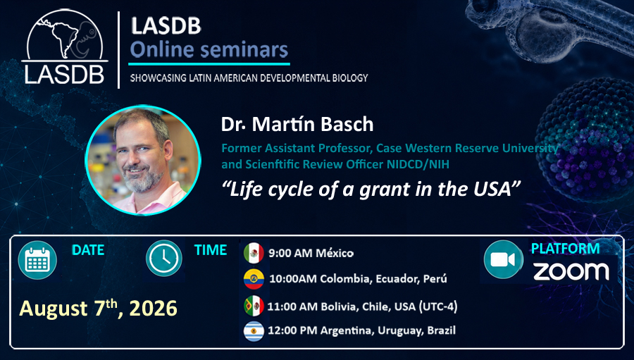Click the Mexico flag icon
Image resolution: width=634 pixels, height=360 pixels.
(254, 253)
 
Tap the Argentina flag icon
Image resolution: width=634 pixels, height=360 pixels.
(254, 331)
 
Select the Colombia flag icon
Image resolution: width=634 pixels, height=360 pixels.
(254, 279)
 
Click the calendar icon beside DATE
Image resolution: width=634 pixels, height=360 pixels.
(37, 260)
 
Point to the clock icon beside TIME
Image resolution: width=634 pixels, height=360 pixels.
(164, 258)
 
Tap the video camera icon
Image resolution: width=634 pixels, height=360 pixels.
(504, 259)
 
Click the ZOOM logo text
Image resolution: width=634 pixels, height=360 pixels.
(571, 271)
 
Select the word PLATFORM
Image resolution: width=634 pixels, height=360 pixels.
(565, 249)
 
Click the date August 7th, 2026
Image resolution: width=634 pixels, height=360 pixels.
(98, 309)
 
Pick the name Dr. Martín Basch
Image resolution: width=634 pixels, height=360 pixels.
(297, 125)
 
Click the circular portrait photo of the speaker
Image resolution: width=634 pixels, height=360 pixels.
(143, 160)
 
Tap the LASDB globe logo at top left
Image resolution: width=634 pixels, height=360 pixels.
(65, 46)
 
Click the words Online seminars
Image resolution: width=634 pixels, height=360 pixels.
(209, 50)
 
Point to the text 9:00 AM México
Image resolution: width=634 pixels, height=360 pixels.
(311, 253)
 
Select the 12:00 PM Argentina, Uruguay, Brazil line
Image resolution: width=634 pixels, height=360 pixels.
(361, 330)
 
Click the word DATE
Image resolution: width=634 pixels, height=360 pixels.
(88, 250)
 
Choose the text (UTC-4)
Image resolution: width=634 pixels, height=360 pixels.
(438, 306)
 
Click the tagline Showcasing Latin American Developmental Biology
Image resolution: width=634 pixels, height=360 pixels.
(249, 77)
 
